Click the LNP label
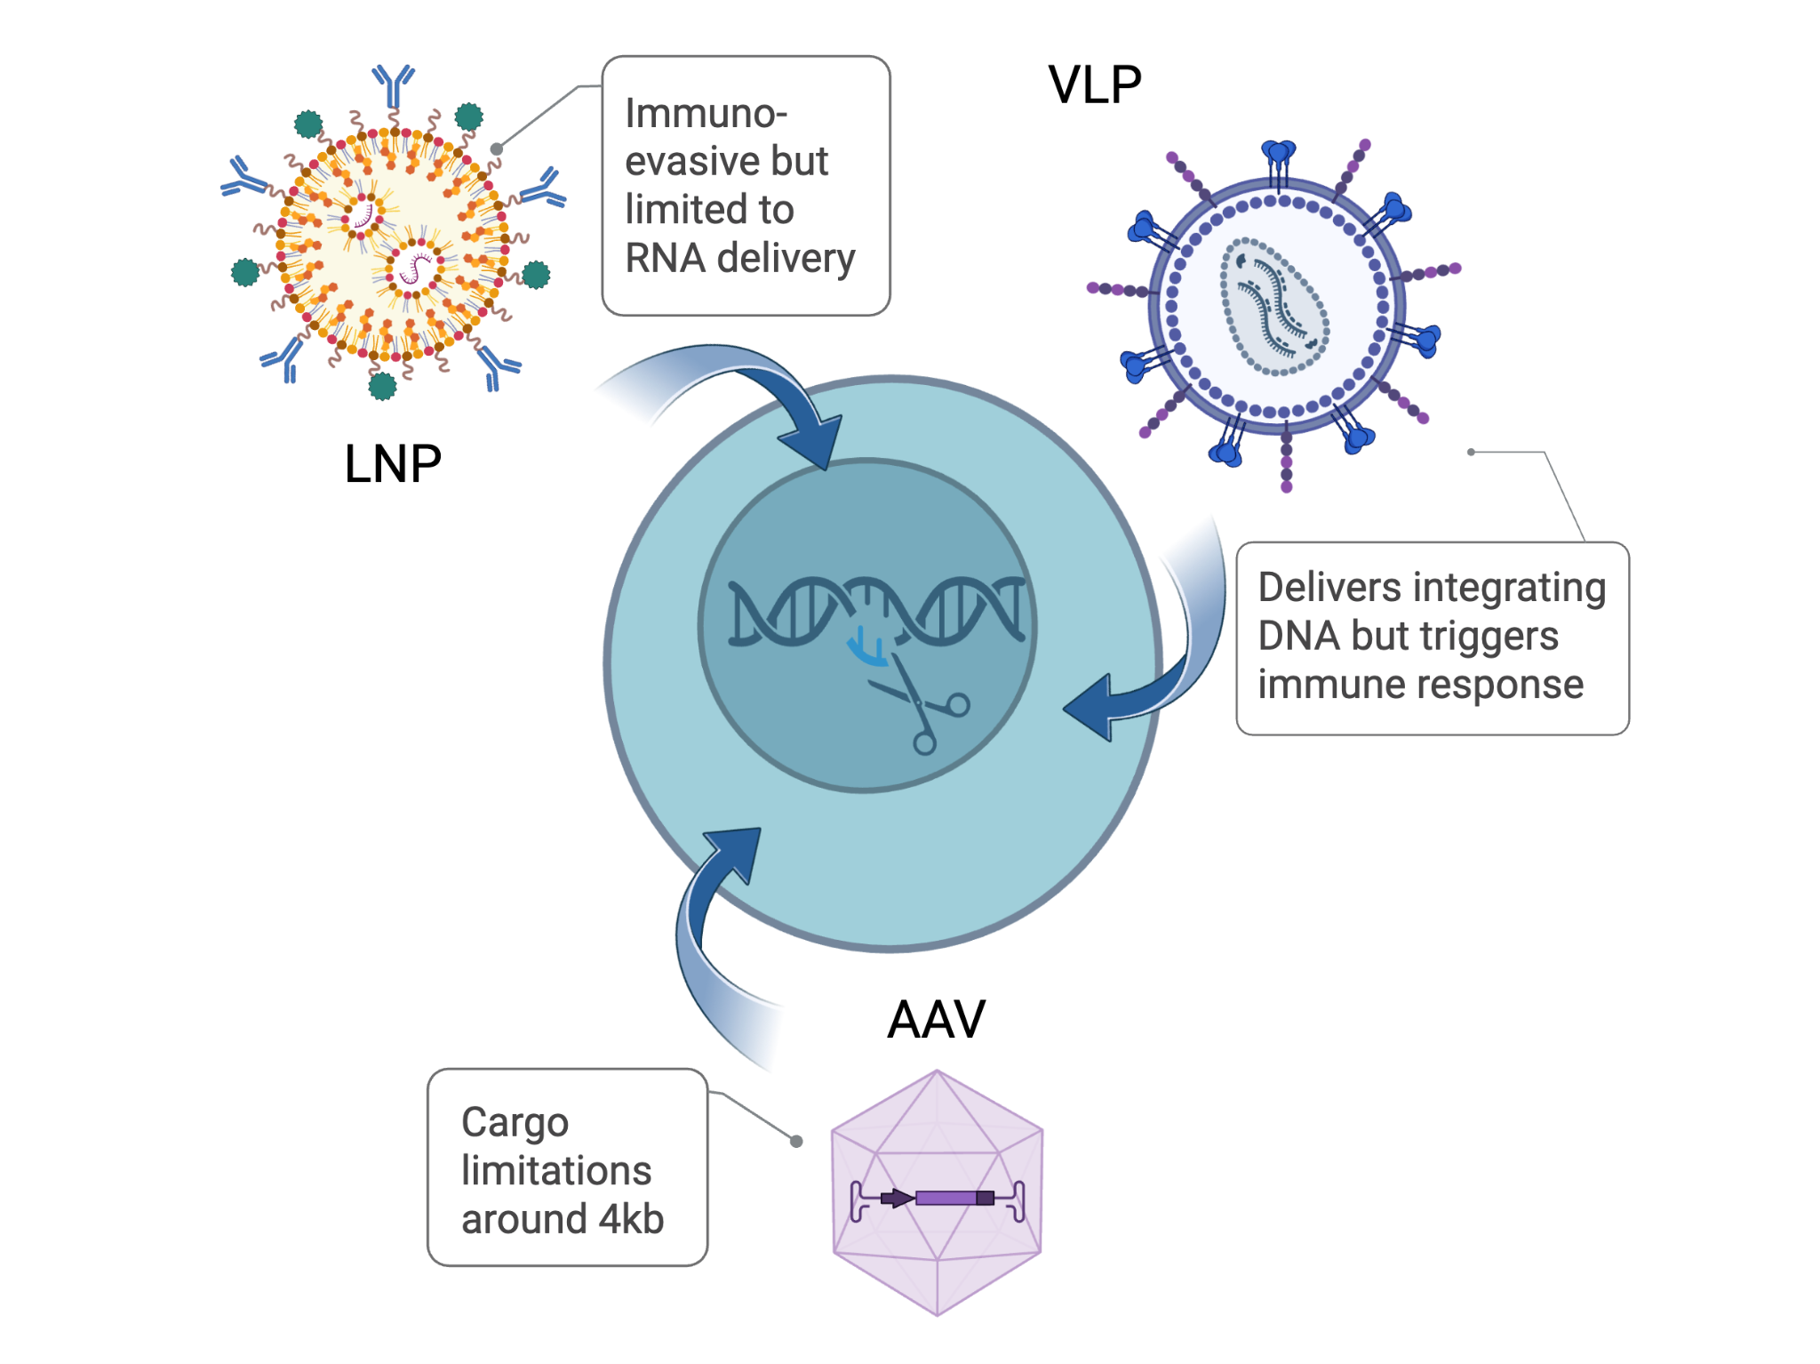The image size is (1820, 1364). (393, 463)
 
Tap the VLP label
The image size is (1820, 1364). (1095, 85)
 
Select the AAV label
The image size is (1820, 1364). (937, 1019)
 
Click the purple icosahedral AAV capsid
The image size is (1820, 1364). (937, 1192)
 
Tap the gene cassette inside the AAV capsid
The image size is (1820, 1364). (938, 1199)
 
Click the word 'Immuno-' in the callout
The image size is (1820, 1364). (706, 114)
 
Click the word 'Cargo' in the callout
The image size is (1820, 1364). (515, 1123)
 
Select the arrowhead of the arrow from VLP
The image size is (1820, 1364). (1090, 708)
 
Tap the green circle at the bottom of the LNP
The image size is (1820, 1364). (382, 386)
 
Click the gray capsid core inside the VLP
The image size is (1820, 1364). (1274, 306)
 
